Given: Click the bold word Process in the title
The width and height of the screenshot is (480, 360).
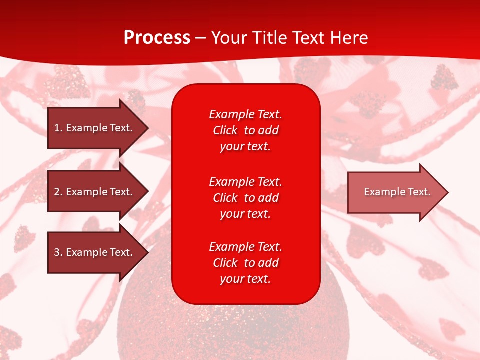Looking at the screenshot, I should pos(157,38).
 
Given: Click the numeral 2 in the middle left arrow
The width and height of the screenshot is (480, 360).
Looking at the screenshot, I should pos(57,192).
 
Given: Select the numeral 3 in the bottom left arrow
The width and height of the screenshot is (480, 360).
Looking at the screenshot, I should pos(57,252).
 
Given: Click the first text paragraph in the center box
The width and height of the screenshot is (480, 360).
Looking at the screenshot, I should pos(245,130).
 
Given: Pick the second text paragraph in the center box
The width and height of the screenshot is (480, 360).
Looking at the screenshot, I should pos(245,198).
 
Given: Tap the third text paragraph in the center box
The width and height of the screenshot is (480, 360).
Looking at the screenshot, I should pos(245,263).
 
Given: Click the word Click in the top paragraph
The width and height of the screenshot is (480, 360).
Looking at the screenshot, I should pos(225,130).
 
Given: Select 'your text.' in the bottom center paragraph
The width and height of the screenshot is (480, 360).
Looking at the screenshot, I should pos(245,279).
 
